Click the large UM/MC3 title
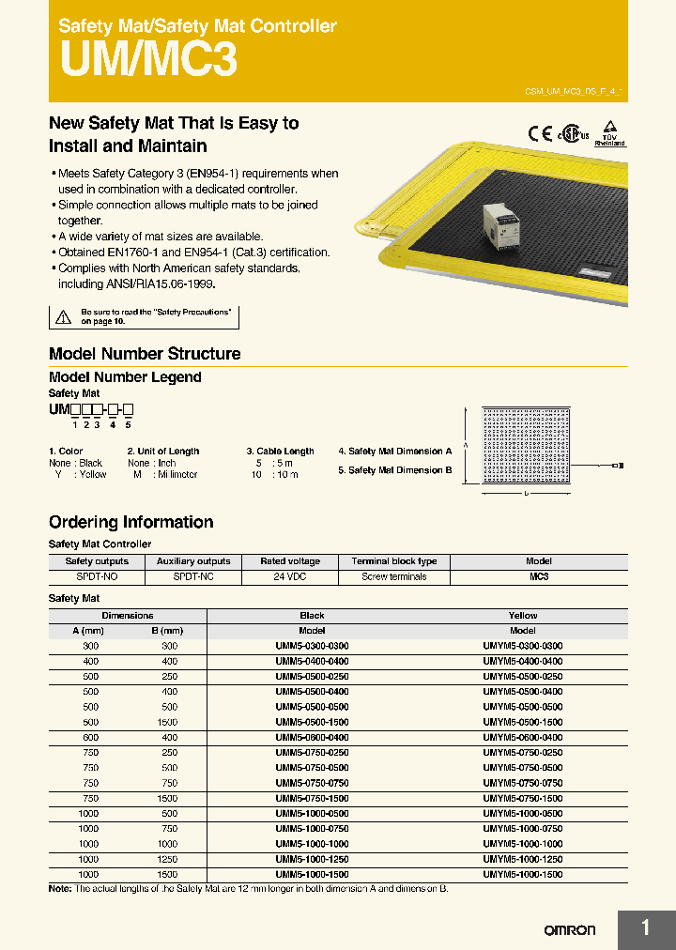[148, 59]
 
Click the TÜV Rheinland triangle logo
[609, 132]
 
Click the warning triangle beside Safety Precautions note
[63, 317]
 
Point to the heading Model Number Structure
[145, 354]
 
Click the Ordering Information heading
[131, 522]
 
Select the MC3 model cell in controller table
[538, 577]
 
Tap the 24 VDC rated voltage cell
[291, 577]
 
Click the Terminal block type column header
[393, 561]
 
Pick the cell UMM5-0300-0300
[312, 647]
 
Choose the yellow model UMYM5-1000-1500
[522, 874]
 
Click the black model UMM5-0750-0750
[312, 783]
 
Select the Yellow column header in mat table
[522, 616]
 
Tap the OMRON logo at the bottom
[570, 930]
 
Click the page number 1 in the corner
[646, 929]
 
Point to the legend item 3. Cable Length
[280, 452]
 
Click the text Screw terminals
[393, 577]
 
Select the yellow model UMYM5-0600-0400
[522, 738]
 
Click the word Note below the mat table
[59, 888]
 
